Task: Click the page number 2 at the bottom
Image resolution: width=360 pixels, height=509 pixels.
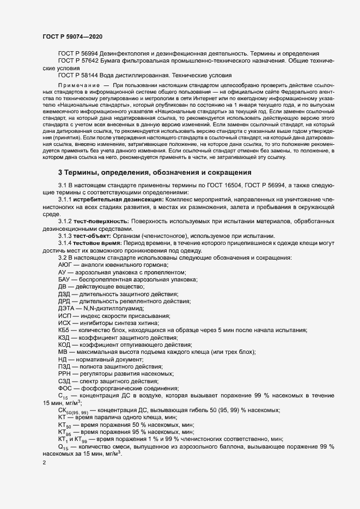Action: tap(44, 463)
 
